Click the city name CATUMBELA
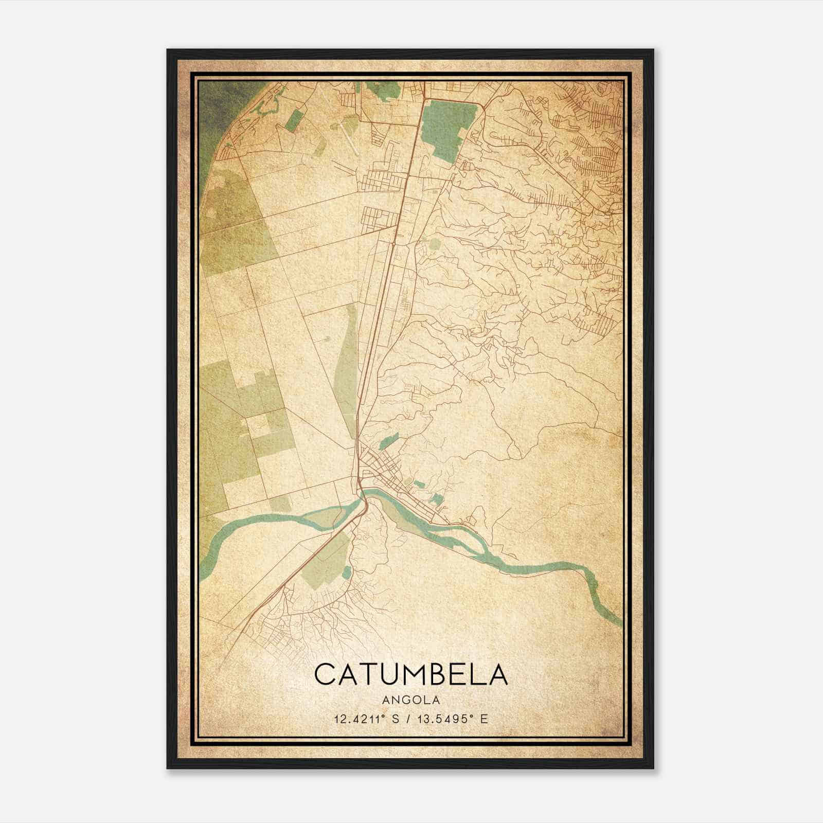pyautogui.click(x=410, y=674)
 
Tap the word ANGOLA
pyautogui.click(x=410, y=700)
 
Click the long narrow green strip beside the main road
pyautogui.click(x=346, y=370)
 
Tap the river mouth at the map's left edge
pyautogui.click(x=206, y=561)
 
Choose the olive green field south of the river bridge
pyautogui.click(x=324, y=566)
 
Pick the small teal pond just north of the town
pyautogui.click(x=389, y=440)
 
